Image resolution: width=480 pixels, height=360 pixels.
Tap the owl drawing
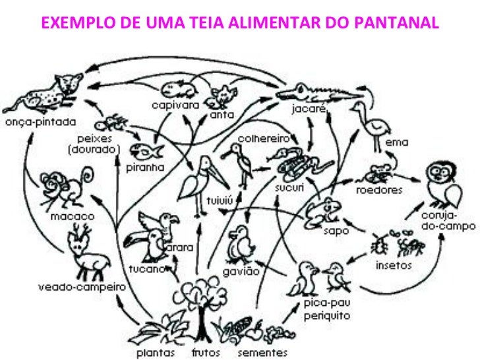[442, 185]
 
